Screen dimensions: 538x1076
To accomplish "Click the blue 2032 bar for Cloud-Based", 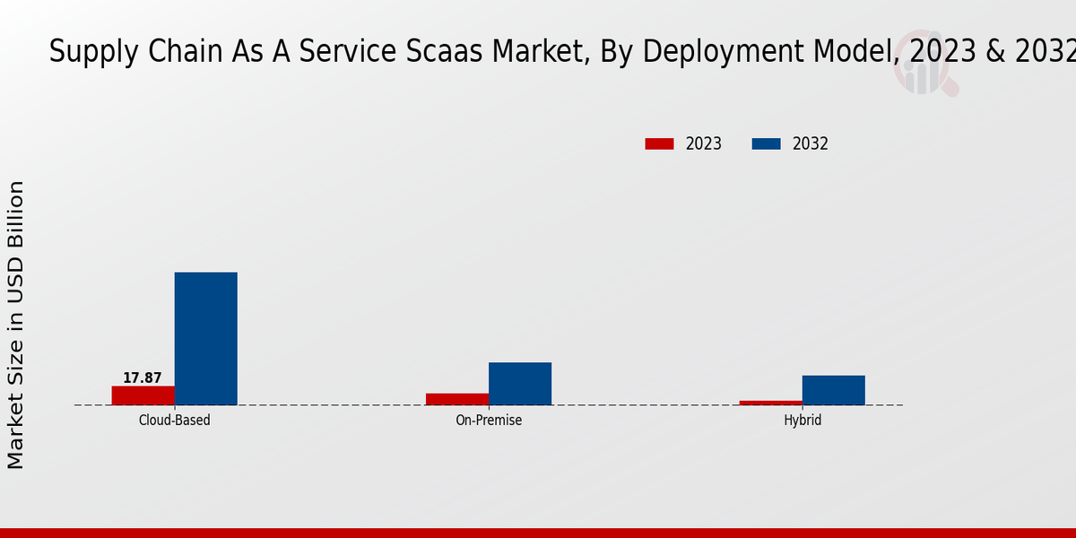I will point(205,338).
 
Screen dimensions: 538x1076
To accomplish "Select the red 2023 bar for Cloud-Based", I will point(143,395).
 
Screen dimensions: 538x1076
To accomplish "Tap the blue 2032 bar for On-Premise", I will point(520,383).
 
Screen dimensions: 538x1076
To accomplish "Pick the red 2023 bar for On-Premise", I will point(457,399).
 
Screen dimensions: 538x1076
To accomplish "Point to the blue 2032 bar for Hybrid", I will point(833,390).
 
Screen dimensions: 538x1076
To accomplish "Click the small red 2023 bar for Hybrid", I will point(771,403).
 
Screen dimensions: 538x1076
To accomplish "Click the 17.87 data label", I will point(143,378).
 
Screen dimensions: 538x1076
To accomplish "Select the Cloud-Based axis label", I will point(175,420).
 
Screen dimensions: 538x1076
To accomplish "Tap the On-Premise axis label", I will point(489,420).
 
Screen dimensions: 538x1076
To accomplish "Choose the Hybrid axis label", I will point(803,420).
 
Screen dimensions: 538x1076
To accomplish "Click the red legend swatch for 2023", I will point(659,143).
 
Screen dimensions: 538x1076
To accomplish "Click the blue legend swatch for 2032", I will point(766,143).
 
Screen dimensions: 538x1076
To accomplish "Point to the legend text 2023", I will point(704,143).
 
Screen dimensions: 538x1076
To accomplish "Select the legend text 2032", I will point(811,143).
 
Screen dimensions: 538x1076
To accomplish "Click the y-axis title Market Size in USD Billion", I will point(16,325).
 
